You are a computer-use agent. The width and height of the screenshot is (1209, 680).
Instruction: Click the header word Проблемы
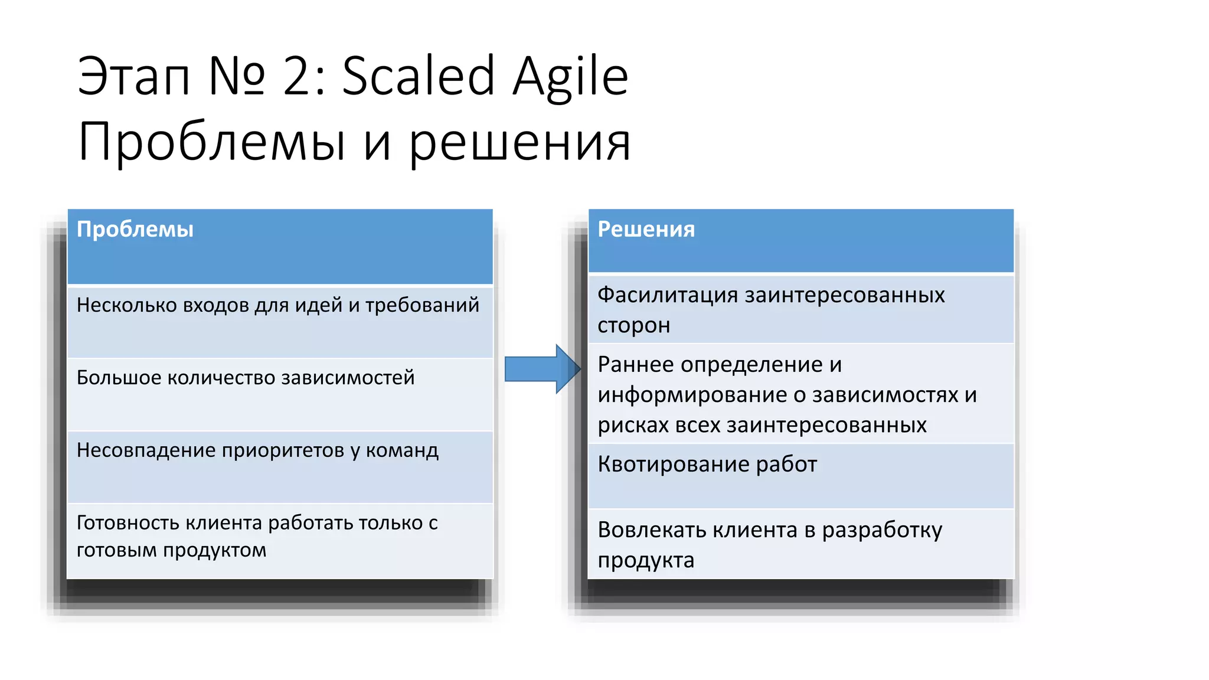[x=135, y=230]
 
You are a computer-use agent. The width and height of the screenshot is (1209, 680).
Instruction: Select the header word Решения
[x=646, y=229]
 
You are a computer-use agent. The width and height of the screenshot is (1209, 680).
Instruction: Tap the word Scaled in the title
[x=418, y=76]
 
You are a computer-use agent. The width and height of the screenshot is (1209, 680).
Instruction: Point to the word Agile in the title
[x=570, y=77]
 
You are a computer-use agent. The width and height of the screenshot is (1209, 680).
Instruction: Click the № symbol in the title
[x=236, y=77]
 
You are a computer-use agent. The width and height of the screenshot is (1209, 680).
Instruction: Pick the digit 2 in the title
[x=298, y=77]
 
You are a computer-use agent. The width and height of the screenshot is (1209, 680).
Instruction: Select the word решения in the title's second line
[x=519, y=143]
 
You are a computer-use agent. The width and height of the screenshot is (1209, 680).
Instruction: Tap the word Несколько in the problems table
[x=126, y=305]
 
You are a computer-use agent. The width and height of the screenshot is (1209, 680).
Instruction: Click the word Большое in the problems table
[x=119, y=378]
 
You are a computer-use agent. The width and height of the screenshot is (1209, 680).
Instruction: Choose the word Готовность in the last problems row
[x=128, y=523]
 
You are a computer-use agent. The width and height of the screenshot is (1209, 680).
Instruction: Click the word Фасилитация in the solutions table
[x=667, y=295]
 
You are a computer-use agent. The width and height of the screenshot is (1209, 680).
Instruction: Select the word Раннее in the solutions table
[x=635, y=365]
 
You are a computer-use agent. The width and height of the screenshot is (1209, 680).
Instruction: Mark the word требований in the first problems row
[x=422, y=306]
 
